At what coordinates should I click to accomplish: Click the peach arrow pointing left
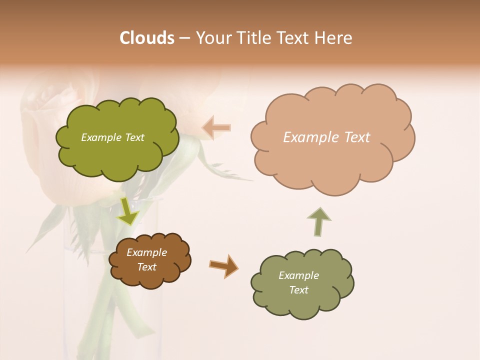216,127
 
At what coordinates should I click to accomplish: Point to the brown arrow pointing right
223,265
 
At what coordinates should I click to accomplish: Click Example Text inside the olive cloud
112,137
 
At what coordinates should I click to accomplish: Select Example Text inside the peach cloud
326,137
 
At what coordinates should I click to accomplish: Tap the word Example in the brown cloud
146,252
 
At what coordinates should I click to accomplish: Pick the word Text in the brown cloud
146,267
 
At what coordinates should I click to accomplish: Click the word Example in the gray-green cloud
298,275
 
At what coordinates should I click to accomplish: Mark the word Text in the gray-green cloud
298,290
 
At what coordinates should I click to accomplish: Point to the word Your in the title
211,38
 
